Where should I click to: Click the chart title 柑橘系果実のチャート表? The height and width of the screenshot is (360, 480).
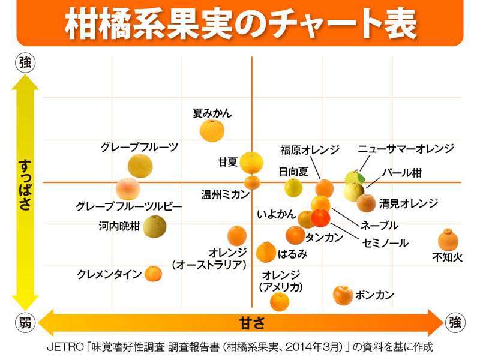tap(240, 22)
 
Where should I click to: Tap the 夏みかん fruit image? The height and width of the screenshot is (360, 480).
tap(212, 130)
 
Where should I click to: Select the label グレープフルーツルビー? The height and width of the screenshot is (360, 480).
tap(128, 206)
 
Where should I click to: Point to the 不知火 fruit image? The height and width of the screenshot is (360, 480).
tap(448, 239)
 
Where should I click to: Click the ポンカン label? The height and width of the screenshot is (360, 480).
tap(374, 295)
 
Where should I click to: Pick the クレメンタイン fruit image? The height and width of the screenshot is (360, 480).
tap(154, 274)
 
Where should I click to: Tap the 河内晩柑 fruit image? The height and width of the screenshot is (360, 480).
tap(155, 226)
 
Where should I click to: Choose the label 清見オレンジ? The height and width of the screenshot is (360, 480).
tap(408, 203)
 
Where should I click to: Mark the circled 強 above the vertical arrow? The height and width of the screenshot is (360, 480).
tap(25, 63)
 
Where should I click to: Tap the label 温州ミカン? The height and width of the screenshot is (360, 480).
tap(225, 194)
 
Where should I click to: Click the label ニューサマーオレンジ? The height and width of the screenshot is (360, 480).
tap(406, 149)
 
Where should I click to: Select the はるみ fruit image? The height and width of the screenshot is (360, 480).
tap(266, 252)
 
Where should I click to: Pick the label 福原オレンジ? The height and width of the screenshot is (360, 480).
tap(310, 149)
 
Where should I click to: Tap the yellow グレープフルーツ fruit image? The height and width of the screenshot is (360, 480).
tap(140, 166)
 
